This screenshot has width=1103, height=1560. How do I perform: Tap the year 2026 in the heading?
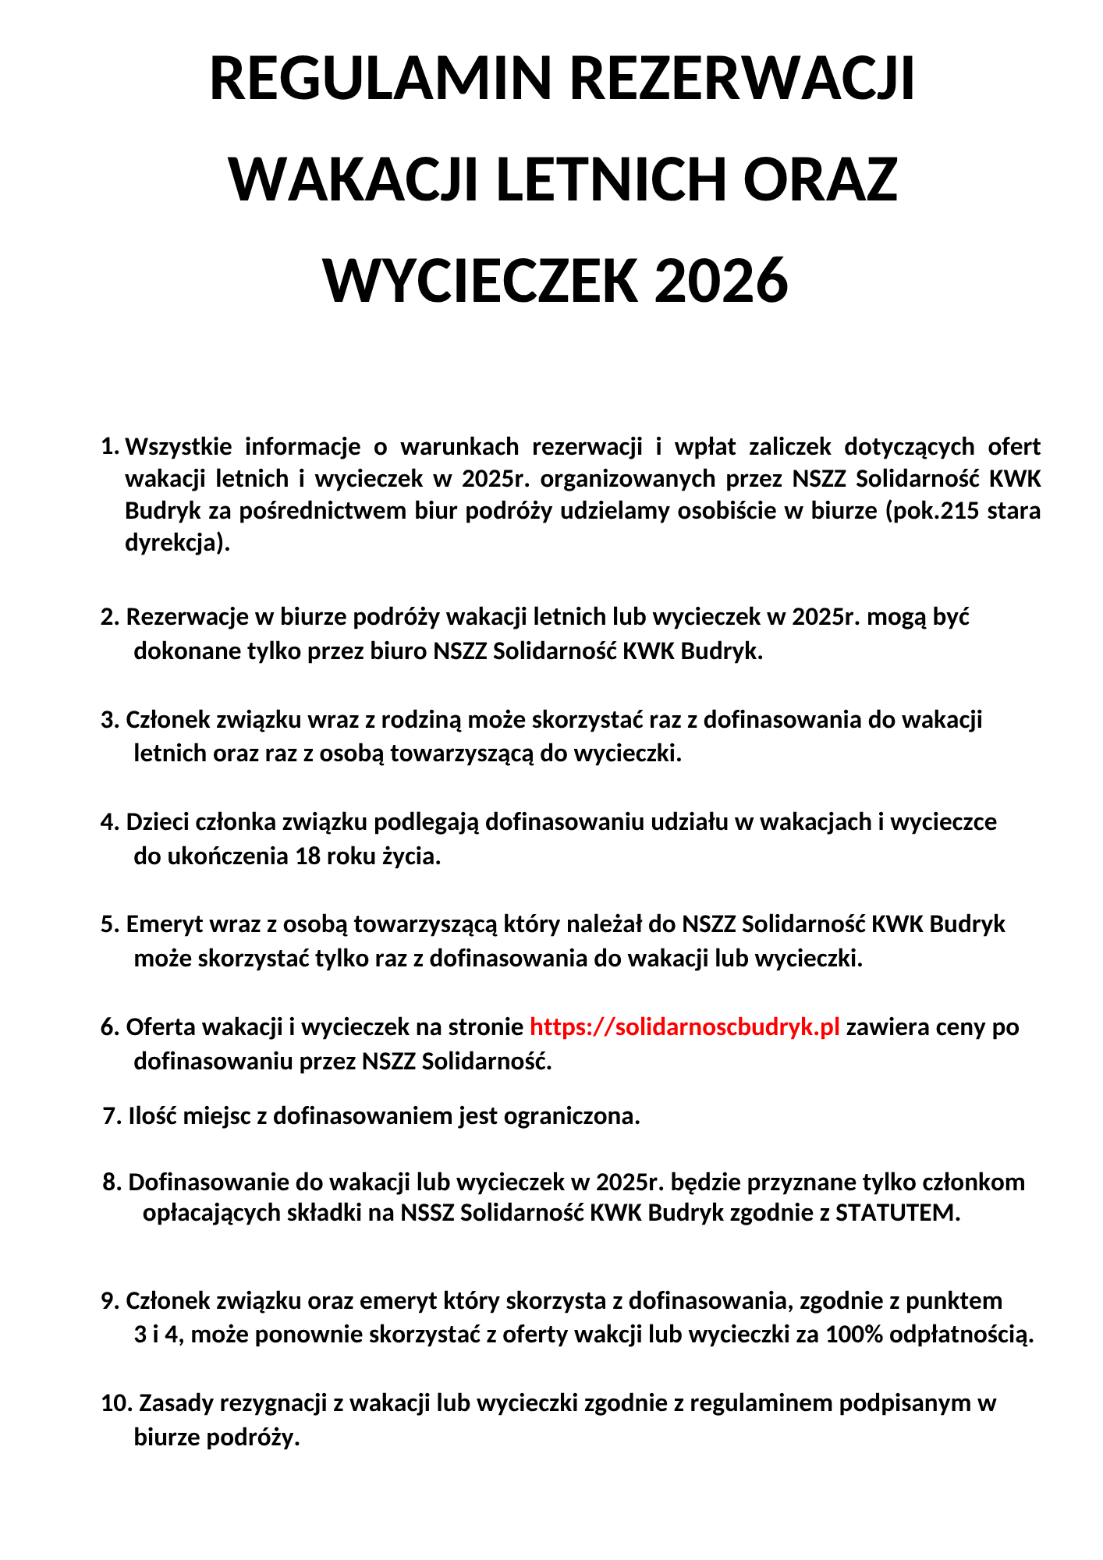(x=721, y=282)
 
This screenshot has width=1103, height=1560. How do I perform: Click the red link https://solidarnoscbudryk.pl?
(x=684, y=1026)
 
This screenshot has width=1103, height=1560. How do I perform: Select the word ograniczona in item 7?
(x=572, y=1115)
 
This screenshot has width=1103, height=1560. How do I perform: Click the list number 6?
(x=108, y=1026)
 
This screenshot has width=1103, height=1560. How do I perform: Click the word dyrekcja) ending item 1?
(x=177, y=542)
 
